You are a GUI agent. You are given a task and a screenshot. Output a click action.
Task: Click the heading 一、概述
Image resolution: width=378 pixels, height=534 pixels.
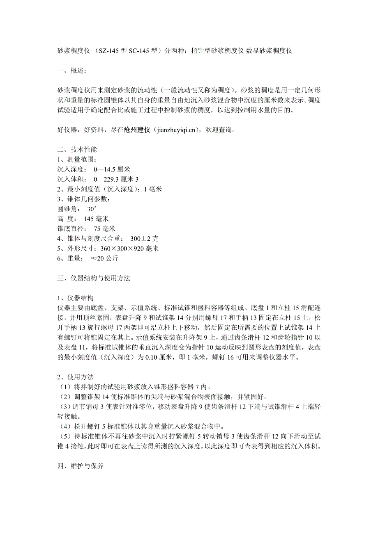[x=71, y=71]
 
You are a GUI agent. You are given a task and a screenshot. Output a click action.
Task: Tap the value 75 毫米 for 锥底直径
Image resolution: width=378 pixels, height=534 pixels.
[x=105, y=228]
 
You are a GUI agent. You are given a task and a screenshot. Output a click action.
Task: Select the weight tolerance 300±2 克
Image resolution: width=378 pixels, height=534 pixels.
[x=144, y=238]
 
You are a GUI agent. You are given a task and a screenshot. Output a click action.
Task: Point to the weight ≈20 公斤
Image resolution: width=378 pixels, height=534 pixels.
[x=105, y=258]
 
